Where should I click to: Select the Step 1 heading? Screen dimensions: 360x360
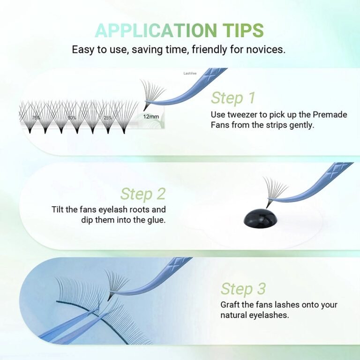click(233, 98)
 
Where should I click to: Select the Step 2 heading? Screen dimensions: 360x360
click(142, 194)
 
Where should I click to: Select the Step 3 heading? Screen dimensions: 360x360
click(243, 289)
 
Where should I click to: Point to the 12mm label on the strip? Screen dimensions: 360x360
click(150, 116)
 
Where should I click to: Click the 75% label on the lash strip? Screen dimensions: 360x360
click(37, 118)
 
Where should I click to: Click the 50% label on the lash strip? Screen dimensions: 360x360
click(72, 118)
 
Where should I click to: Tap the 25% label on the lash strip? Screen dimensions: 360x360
click(107, 118)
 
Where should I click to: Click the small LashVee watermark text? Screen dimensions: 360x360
click(190, 73)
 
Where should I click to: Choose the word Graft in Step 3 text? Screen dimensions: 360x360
click(231, 305)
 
